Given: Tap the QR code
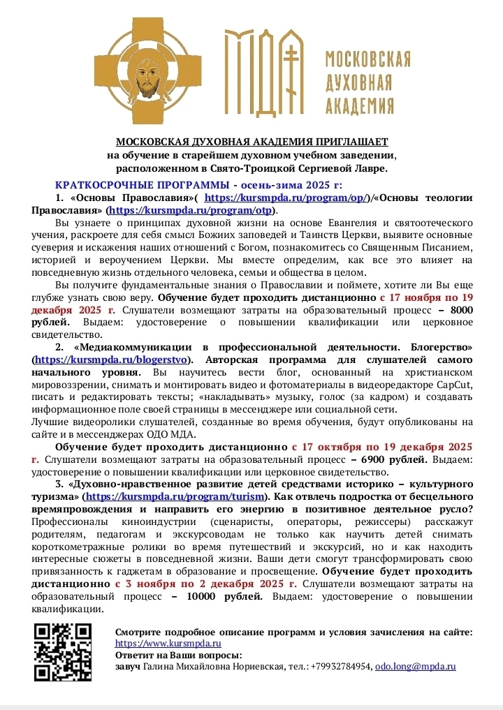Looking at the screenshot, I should (x=64, y=651).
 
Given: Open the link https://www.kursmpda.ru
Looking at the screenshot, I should (x=168, y=643).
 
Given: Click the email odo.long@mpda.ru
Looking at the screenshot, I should (x=415, y=667).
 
